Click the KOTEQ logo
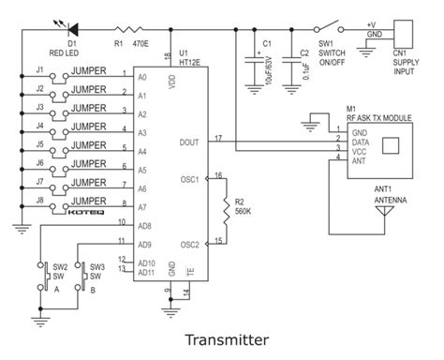[x=93, y=214]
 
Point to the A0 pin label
[x=141, y=77]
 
